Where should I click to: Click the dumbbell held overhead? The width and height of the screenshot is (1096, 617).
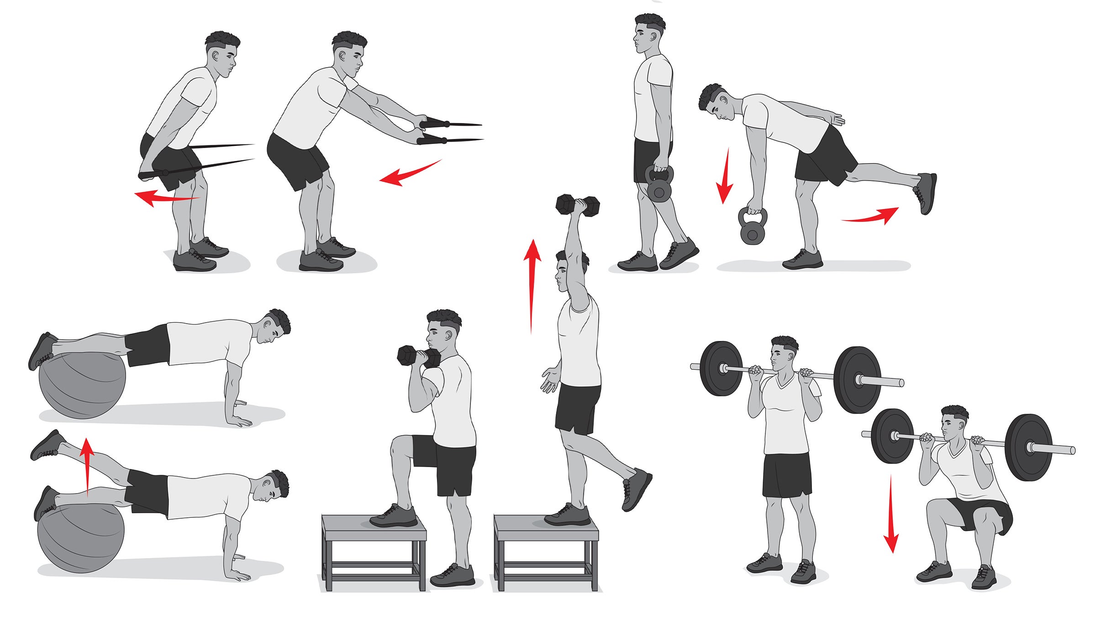tap(578, 205)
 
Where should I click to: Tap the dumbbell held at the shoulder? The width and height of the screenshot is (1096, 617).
tap(419, 356)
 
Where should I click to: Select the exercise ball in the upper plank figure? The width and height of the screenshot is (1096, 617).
tap(82, 384)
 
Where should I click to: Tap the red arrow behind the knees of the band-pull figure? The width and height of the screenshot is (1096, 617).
tap(167, 198)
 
